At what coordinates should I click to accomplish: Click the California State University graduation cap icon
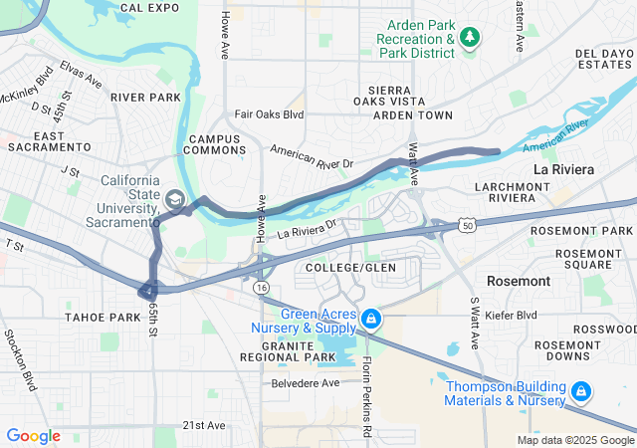point(175,200)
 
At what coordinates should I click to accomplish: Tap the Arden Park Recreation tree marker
point(470,38)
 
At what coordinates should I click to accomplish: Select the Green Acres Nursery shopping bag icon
point(370,318)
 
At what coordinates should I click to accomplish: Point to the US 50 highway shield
point(467,227)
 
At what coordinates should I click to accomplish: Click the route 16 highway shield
point(261,286)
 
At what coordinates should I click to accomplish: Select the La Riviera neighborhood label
point(563,169)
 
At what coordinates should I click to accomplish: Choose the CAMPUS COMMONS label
point(216,144)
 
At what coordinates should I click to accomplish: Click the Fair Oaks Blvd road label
point(269,114)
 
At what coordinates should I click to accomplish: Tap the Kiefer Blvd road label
point(515,316)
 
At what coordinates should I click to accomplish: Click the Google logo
point(33,436)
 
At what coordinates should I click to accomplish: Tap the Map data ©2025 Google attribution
point(574,440)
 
